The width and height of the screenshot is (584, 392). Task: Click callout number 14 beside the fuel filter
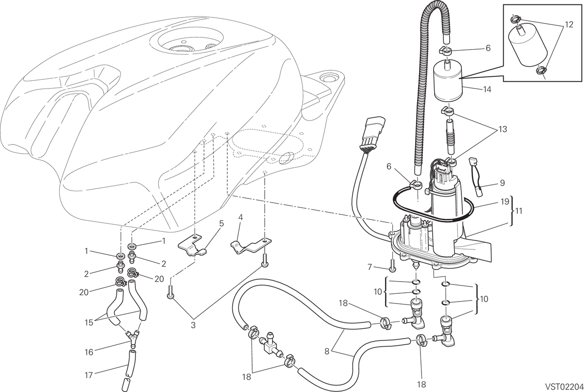487,89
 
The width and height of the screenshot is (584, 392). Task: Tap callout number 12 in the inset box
569,25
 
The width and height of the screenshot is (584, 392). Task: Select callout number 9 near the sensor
502,183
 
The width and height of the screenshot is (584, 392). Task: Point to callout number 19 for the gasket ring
505,201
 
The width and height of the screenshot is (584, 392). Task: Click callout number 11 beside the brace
519,211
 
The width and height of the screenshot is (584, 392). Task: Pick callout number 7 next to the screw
369,267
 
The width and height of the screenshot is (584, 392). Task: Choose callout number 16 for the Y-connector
89,352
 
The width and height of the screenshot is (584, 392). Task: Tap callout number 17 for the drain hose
89,375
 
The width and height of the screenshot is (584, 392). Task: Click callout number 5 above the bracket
221,223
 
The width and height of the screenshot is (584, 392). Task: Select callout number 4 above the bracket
240,217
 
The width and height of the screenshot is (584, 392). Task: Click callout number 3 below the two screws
193,325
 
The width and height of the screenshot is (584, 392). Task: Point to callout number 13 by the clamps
503,129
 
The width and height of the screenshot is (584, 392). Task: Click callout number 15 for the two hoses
89,323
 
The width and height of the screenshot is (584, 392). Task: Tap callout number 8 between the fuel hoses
327,352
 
